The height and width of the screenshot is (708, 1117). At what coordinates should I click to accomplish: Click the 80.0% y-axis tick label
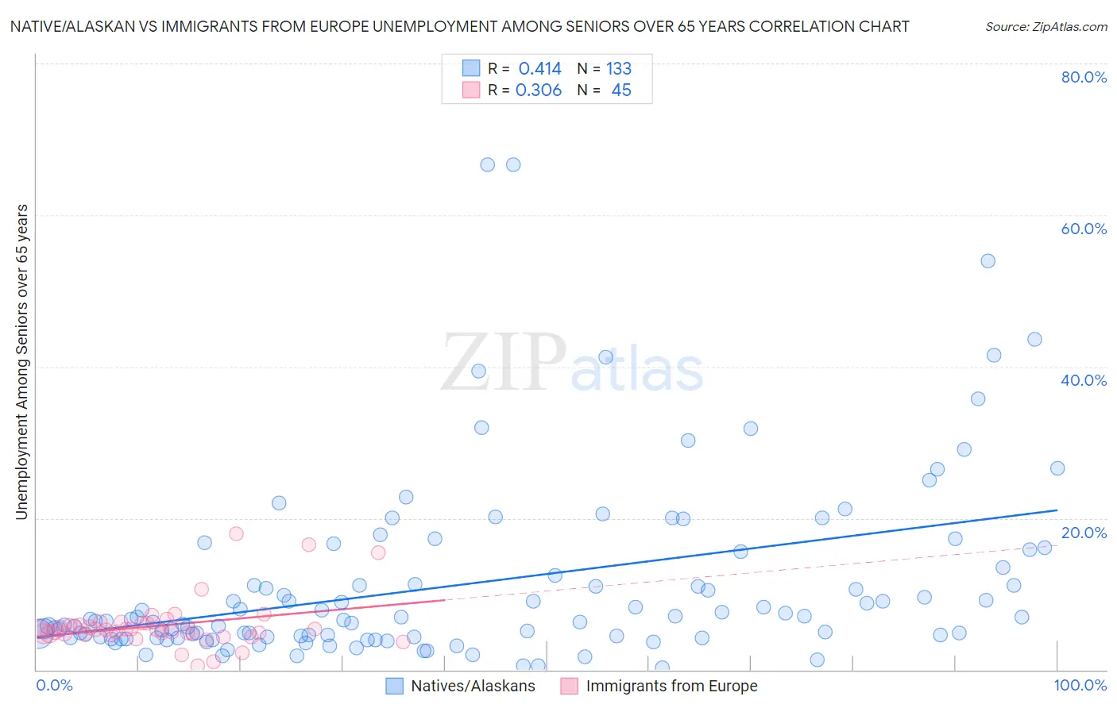tap(1084, 77)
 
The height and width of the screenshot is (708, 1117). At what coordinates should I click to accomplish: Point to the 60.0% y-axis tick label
tap(1084, 229)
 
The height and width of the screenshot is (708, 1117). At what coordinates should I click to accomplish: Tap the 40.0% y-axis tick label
tap(1084, 380)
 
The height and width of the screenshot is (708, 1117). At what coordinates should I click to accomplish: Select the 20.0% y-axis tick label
tap(1084, 533)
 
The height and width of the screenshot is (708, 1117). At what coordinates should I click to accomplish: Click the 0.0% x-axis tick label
tap(54, 686)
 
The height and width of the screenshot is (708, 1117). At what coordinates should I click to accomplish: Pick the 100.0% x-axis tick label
tap(1080, 686)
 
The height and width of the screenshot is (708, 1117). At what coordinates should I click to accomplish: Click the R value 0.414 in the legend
tap(539, 69)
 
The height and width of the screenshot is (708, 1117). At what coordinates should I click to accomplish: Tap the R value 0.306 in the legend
tap(539, 90)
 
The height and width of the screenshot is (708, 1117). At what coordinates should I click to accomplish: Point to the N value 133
tap(619, 69)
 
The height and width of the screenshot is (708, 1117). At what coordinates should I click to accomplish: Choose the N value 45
tap(621, 90)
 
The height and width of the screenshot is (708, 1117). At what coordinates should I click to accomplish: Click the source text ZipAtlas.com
tap(1046, 27)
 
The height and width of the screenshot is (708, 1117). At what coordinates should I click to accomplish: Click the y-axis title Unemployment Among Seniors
tap(21, 362)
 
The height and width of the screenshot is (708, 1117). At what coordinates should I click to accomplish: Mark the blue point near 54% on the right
tap(988, 261)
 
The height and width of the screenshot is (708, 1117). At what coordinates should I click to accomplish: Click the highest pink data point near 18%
tap(236, 533)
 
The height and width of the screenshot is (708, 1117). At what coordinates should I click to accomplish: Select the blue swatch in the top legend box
tap(471, 68)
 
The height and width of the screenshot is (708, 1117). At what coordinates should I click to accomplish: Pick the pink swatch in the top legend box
tap(471, 90)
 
